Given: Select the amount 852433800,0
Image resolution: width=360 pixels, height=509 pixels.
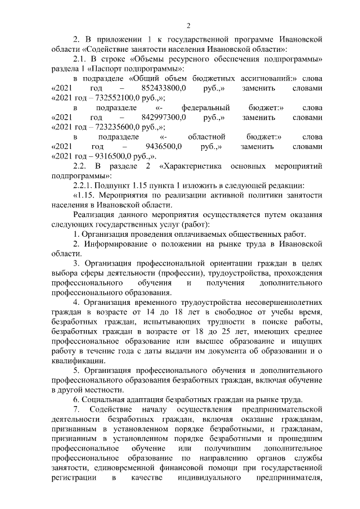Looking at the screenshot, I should (163, 89).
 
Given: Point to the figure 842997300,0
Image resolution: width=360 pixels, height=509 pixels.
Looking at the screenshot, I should (163, 118).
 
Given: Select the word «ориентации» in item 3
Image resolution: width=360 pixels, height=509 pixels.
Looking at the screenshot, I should (229, 263).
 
